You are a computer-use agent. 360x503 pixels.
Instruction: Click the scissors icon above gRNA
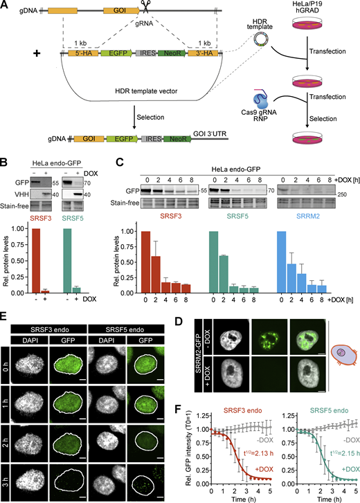[145, 7]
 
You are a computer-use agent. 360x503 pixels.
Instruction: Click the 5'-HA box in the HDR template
[84, 53]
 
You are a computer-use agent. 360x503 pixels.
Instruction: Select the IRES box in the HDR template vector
[147, 53]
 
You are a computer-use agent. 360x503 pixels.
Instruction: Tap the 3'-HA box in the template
[203, 53]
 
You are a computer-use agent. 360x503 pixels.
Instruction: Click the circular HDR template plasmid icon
[261, 39]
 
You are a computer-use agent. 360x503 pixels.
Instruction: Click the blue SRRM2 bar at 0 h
[281, 262]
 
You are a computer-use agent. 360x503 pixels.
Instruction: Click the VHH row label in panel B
[22, 194]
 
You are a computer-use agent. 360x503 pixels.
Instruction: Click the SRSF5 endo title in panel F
[329, 410]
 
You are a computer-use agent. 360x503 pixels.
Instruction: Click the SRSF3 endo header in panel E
[49, 329]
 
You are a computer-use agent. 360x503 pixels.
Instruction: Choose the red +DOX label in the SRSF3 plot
[264, 469]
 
